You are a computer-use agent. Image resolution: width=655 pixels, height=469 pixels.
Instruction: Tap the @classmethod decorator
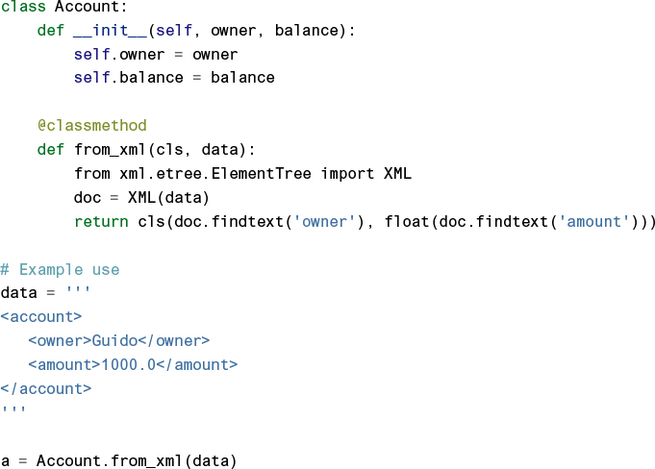pos(91,126)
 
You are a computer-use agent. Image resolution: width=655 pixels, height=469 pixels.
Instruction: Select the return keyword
pos(100,222)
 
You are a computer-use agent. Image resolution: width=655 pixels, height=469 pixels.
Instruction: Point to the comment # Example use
pos(60,270)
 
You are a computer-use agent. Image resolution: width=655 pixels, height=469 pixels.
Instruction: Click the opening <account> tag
pos(41,316)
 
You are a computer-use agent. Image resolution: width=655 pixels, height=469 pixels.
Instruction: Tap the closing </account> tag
pos(46,388)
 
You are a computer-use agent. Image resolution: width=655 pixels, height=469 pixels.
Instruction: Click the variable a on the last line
pos(5,460)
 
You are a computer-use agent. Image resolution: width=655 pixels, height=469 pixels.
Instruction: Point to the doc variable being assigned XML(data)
pos(87,198)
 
